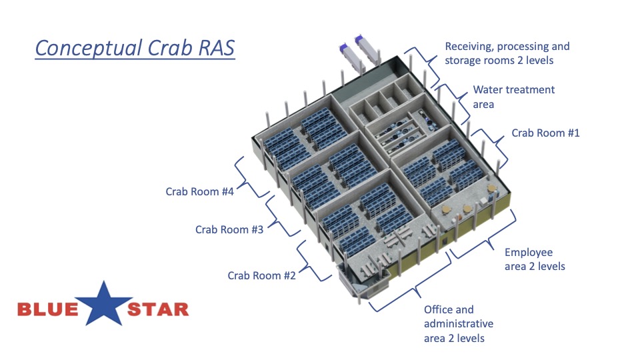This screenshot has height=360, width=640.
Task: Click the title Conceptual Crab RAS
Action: click(x=135, y=48)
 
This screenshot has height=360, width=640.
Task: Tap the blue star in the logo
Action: click(x=104, y=304)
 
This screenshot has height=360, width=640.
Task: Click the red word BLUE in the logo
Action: click(x=48, y=309)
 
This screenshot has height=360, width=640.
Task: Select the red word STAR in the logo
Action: click(x=158, y=309)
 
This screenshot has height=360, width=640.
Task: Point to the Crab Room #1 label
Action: click(x=545, y=133)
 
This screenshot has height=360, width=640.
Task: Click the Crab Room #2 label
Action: click(x=261, y=275)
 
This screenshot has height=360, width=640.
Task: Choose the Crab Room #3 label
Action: click(x=229, y=229)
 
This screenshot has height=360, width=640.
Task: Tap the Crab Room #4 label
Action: click(x=199, y=191)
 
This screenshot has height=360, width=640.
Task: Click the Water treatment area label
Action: click(x=513, y=97)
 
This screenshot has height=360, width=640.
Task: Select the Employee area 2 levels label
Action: click(x=535, y=259)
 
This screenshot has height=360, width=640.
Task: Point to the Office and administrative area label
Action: click(x=459, y=324)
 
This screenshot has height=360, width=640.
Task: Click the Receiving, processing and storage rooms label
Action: click(x=507, y=53)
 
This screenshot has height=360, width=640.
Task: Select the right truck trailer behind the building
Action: click(x=367, y=49)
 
